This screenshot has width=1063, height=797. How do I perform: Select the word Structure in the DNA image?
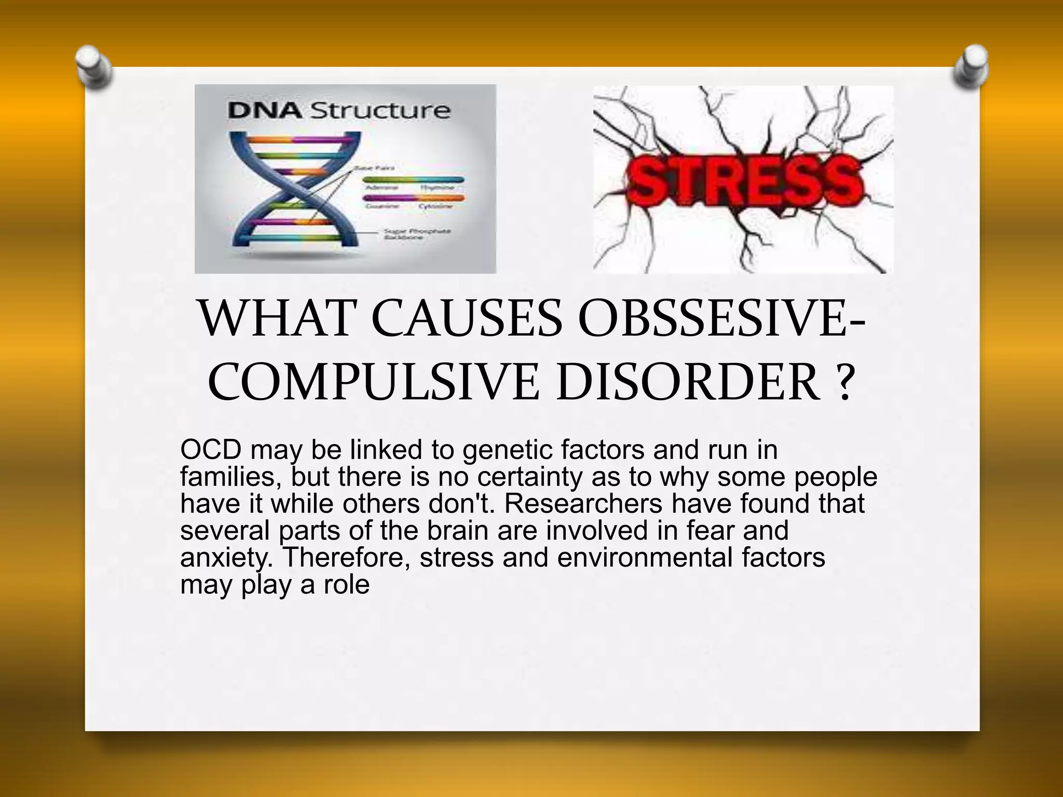[380, 111]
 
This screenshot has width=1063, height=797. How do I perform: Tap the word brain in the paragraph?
[459, 530]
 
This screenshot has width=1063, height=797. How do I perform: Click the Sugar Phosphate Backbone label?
[417, 234]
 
